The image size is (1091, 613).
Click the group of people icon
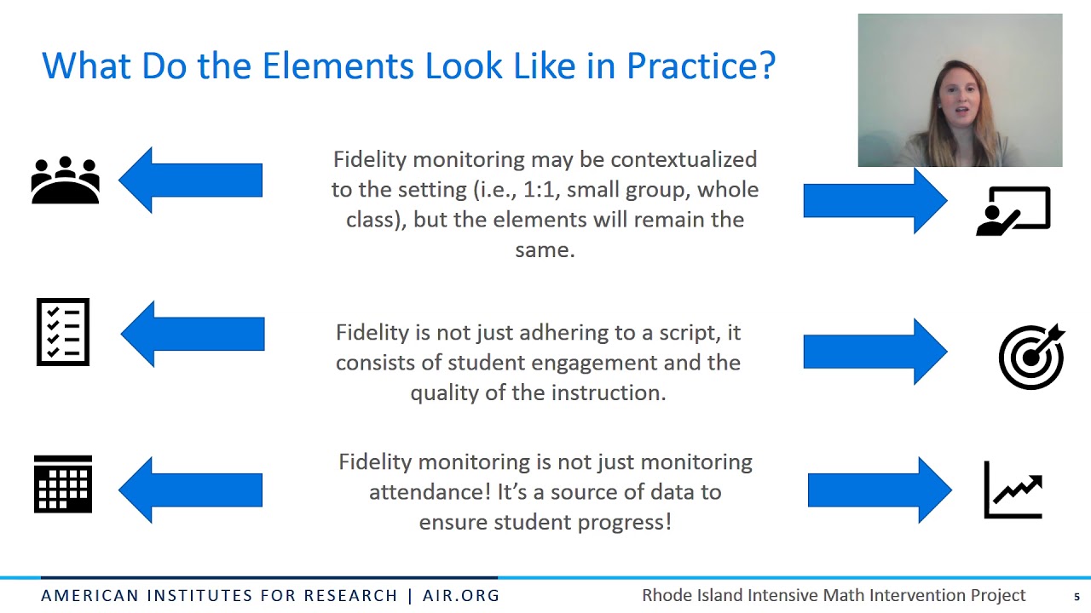[65, 180]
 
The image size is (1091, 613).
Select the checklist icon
[63, 332]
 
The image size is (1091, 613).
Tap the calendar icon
[63, 484]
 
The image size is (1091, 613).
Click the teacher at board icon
[1013, 210]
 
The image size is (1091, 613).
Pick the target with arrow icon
[1031, 356]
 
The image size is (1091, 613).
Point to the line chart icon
[1013, 490]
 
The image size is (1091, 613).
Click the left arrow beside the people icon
[190, 180]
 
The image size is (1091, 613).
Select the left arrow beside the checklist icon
[193, 334]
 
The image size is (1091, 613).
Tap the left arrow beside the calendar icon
[190, 490]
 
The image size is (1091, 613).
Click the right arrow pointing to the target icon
[875, 352]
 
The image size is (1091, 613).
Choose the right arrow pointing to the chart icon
[880, 490]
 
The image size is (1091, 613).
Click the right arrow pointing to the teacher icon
[875, 201]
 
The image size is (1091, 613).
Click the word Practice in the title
[701, 66]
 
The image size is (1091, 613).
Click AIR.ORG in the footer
[461, 596]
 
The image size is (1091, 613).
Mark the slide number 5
[1077, 597]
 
